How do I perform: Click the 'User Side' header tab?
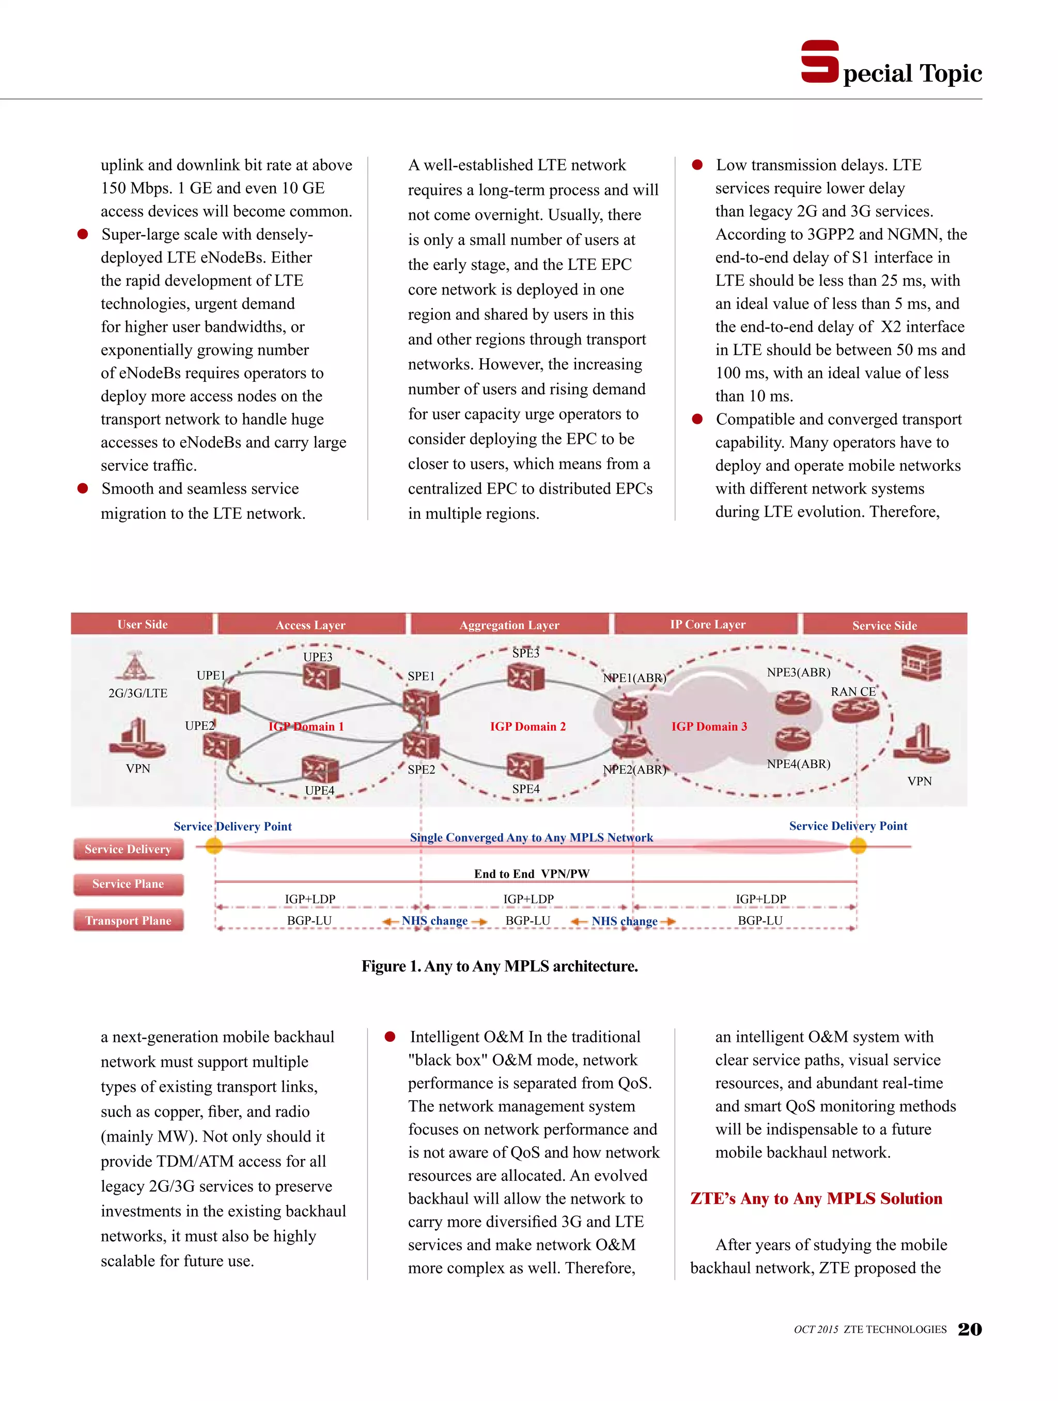[143, 624]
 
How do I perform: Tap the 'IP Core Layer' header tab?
[707, 624]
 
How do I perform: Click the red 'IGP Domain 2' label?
[527, 727]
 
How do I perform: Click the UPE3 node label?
[317, 657]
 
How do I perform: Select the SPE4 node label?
[525, 789]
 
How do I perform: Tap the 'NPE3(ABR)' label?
[798, 672]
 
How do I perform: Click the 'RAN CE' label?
[853, 691]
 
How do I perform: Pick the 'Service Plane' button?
[129, 884]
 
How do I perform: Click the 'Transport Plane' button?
[129, 920]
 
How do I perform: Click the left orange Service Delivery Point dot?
[214, 845]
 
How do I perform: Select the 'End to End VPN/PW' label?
[531, 874]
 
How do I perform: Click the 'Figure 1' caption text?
[500, 966]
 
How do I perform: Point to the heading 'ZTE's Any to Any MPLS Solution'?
[816, 1198]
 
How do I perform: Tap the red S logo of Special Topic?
[819, 61]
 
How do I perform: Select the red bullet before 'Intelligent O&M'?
[390, 1037]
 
